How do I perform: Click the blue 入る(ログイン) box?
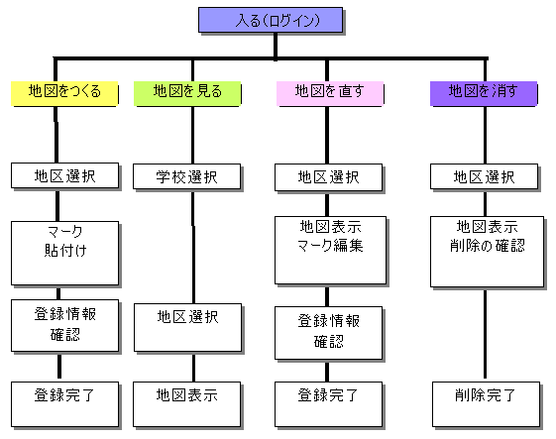271,20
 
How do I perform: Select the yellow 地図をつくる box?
64,93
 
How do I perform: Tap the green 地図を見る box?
187,93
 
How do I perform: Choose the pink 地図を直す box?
330,93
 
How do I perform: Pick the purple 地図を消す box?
484,93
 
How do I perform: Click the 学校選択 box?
187,176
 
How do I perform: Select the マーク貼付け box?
64,253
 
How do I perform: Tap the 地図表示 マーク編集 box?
330,251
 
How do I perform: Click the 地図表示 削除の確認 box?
487,252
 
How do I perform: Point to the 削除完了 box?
487,404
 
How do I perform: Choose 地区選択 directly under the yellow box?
64,175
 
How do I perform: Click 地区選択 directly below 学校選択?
188,327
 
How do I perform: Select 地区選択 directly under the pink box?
329,177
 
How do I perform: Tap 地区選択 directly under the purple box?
485,176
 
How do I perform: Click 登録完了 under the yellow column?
64,404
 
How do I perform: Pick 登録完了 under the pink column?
329,404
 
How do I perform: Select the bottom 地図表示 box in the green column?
187,404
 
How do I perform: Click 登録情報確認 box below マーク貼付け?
64,325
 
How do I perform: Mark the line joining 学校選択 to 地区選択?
193,247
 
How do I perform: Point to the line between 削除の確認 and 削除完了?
485,334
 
